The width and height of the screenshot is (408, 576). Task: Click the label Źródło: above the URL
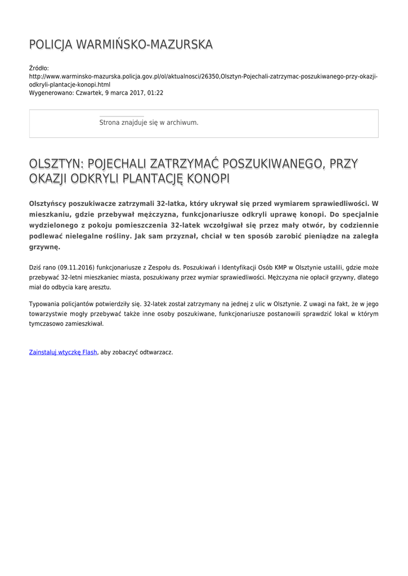39,68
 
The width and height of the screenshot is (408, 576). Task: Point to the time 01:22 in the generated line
155,92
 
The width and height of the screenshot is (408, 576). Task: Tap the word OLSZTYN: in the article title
56,164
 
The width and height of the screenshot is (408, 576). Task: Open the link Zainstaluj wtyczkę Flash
63,352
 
